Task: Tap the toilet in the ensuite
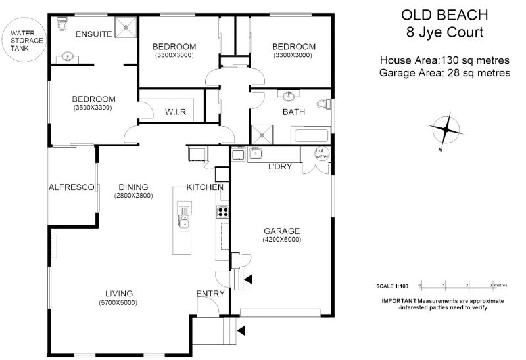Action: coord(62,24)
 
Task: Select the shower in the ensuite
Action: coord(126,27)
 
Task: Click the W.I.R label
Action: coord(176,112)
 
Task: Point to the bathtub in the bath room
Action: coord(311,135)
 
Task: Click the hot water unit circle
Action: coord(322,154)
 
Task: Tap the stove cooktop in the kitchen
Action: coord(223,212)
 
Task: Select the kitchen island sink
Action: coord(184,218)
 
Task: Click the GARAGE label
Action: coord(282,231)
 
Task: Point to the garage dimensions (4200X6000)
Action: coord(282,240)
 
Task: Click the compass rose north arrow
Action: coord(446,129)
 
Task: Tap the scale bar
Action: coord(456,286)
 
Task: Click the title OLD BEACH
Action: coord(444,15)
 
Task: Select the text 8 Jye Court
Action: coord(445,32)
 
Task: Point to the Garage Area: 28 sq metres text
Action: coord(445,73)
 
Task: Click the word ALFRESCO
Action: coord(72,187)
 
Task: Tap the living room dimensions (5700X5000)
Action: coord(118,303)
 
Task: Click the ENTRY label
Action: coord(210,294)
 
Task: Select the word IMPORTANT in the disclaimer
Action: coord(399,301)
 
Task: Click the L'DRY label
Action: coord(280,167)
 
